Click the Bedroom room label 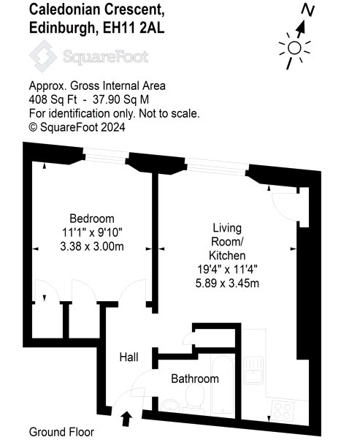(x=92, y=219)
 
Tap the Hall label (x=129, y=357)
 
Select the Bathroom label (x=195, y=379)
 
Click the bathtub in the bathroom (x=222, y=385)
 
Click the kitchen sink (x=253, y=370)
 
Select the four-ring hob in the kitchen (x=283, y=411)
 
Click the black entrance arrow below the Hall (x=127, y=419)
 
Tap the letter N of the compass (x=308, y=10)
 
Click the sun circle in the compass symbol (x=294, y=48)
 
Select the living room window (x=217, y=167)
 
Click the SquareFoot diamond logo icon (x=43, y=56)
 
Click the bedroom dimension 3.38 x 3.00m (x=92, y=246)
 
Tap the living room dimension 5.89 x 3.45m (x=227, y=283)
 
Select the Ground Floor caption (x=61, y=432)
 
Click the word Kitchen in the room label (x=227, y=255)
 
